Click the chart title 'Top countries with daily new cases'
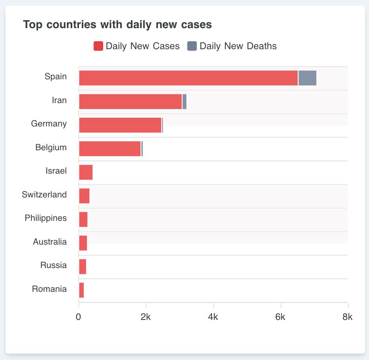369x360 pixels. [117, 25]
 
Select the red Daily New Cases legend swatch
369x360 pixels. [98, 46]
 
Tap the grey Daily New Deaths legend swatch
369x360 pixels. [192, 46]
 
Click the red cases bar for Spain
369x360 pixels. [188, 78]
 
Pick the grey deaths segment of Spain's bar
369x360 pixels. [307, 78]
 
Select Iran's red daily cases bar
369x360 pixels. [131, 101]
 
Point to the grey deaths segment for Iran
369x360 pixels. [184, 101]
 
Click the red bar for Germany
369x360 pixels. [120, 125]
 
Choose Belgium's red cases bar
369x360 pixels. [110, 149]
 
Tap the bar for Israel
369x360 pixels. [86, 172]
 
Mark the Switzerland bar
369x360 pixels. [84, 196]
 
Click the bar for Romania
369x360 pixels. [81, 290]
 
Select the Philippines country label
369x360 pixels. [46, 218]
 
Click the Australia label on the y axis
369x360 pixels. [50, 242]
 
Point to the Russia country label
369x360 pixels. [54, 265]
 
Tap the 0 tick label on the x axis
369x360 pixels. [79, 317]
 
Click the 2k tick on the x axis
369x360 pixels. [146, 317]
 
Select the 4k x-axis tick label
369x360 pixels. [213, 317]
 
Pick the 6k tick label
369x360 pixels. [281, 317]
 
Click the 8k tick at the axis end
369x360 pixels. [348, 317]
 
